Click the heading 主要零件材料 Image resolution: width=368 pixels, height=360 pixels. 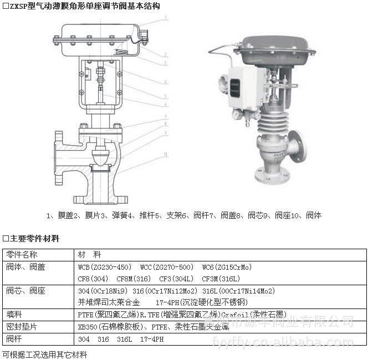(x=34, y=239)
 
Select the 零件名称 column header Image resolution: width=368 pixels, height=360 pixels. (x=22, y=255)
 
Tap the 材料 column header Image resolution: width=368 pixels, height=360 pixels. (x=89, y=255)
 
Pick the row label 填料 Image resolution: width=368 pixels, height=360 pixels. (x=14, y=314)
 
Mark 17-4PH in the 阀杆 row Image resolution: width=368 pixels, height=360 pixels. (x=152, y=339)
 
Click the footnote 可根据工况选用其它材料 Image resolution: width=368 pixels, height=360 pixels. (x=44, y=354)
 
